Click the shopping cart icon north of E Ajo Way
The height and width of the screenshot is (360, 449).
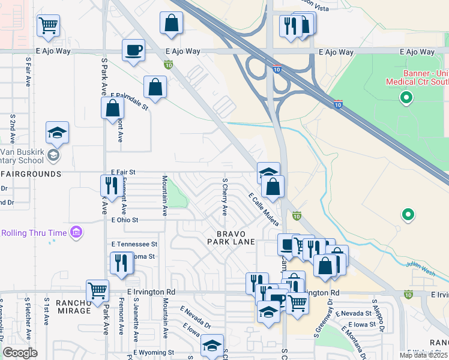(x=48, y=25)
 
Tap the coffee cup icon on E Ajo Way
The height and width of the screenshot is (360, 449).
(x=133, y=50)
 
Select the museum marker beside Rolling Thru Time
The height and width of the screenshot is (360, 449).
(x=76, y=232)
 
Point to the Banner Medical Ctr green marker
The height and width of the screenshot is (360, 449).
(x=406, y=97)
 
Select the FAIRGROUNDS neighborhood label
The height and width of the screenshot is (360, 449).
(x=31, y=174)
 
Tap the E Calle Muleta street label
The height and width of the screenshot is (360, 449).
(x=264, y=209)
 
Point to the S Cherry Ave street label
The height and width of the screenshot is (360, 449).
(x=225, y=196)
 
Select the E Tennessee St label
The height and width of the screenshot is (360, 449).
(x=134, y=244)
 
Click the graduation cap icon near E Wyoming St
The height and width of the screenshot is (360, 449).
(x=212, y=345)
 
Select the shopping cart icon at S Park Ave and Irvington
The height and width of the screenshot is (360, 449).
(x=97, y=290)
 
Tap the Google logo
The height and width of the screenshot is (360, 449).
(x=20, y=353)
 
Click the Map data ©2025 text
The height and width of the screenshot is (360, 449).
(x=423, y=355)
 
